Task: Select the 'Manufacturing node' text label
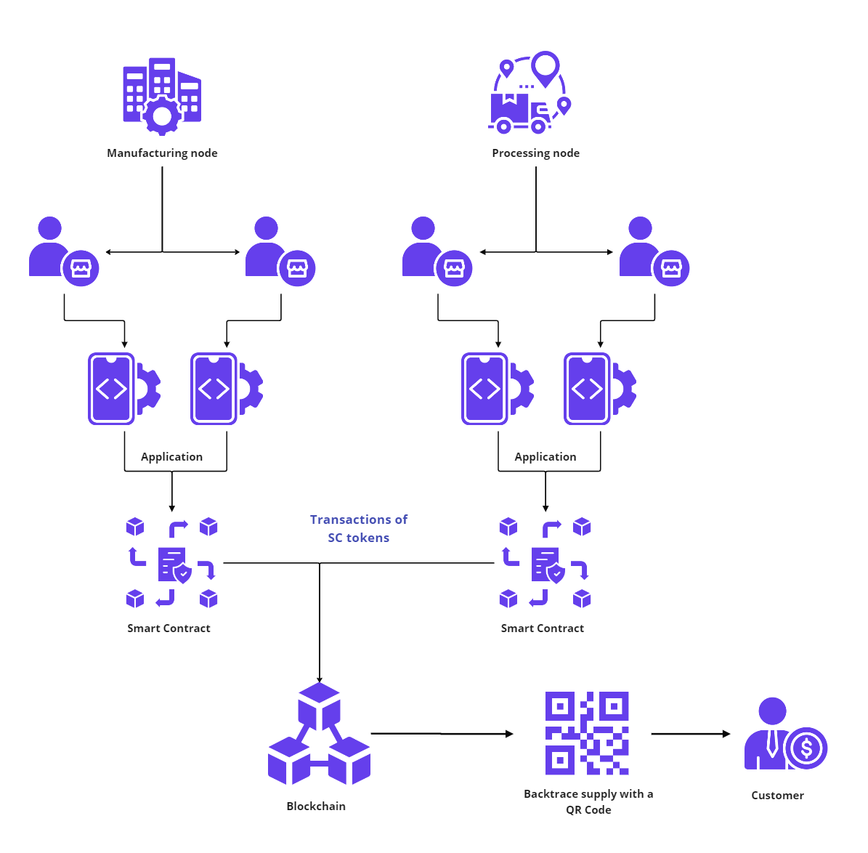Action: pos(162,153)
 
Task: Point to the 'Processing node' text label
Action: pos(535,153)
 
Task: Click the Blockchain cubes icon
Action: pos(319,734)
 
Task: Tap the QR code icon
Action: pos(587,733)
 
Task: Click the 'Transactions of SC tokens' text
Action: pos(359,529)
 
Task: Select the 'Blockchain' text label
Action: pos(316,806)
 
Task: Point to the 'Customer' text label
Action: pos(777,796)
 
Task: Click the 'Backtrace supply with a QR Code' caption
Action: pos(588,801)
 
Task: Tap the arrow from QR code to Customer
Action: pos(691,734)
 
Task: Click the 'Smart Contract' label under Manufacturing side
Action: pos(169,628)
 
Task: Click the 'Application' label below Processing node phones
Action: pos(545,457)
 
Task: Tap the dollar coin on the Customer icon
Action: pos(806,747)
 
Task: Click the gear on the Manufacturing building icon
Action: pos(162,116)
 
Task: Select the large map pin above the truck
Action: pos(545,67)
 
